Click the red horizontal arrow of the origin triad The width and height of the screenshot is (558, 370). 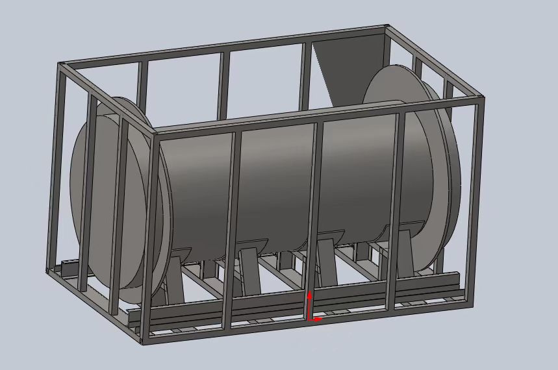pos(318,319)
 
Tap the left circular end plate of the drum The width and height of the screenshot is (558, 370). pos(107,195)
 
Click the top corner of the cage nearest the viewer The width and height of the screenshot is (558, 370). pos(155,132)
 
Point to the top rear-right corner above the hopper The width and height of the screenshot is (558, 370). pos(387,27)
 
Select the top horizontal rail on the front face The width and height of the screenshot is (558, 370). pos(318,116)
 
